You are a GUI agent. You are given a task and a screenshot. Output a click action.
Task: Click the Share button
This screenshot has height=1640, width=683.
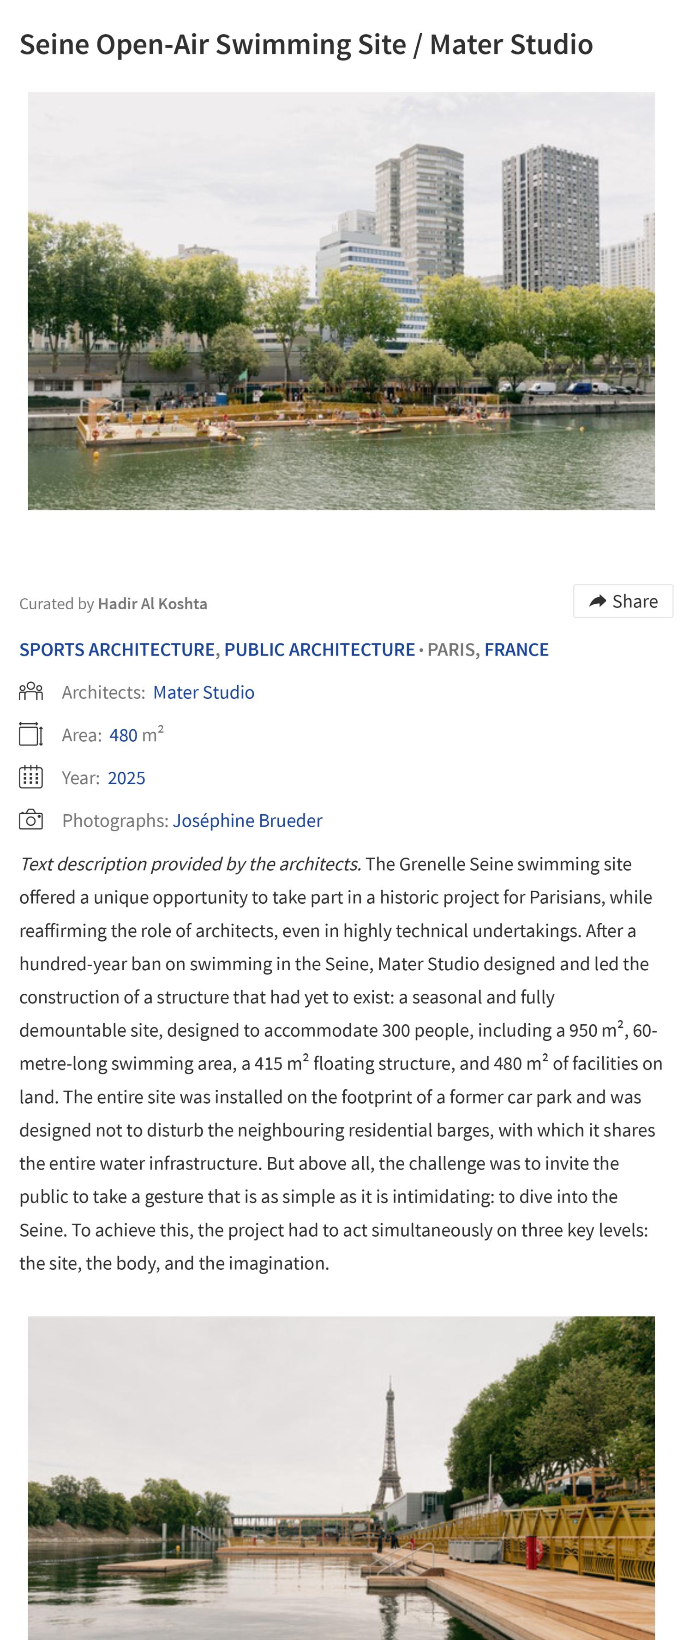click(x=623, y=601)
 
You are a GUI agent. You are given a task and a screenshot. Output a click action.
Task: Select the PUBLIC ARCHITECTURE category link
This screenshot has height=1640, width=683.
click(x=319, y=649)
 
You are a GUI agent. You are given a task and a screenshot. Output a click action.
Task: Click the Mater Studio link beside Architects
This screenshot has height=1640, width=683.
click(x=203, y=692)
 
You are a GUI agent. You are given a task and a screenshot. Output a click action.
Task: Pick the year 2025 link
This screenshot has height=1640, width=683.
click(x=126, y=778)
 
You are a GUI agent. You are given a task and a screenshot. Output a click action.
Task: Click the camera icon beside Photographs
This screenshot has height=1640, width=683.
click(x=30, y=820)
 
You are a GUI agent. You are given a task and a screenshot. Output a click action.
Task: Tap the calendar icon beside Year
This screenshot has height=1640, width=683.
click(x=30, y=777)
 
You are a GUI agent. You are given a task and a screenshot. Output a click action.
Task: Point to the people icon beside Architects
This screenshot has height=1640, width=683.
click(x=30, y=691)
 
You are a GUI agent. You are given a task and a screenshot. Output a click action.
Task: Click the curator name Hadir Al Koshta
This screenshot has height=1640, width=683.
click(x=152, y=604)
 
